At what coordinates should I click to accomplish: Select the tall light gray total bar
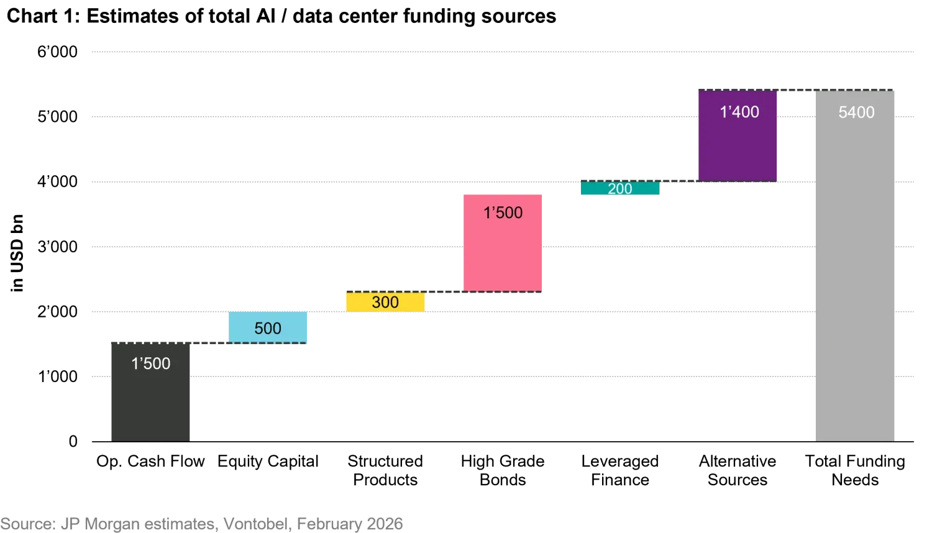854,280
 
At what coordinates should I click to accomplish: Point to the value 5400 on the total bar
856,112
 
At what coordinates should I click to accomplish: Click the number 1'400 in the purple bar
739,112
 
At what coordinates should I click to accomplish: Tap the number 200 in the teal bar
619,189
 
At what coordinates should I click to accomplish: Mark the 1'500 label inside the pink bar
503,213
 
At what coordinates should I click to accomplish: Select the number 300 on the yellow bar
385,303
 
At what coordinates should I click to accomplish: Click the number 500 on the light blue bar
268,329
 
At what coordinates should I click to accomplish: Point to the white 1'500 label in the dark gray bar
150,363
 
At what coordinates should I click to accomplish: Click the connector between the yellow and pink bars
444,290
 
